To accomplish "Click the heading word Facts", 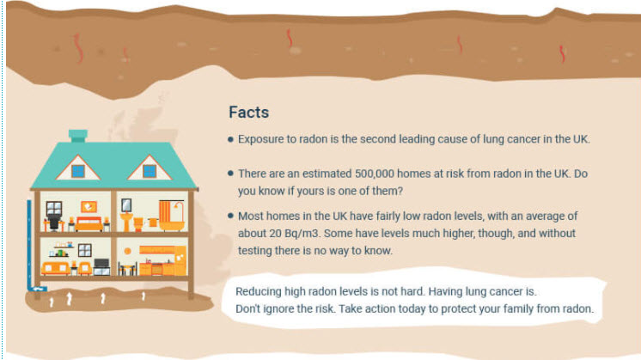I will pyautogui.click(x=248, y=113).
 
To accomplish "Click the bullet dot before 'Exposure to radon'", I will pyautogui.click(x=230, y=139).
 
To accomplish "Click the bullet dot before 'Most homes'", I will pyautogui.click(x=230, y=216).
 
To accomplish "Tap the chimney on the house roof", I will pyautogui.click(x=78, y=136).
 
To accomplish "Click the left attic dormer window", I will pyautogui.click(x=78, y=170).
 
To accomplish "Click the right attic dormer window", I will pyautogui.click(x=150, y=170).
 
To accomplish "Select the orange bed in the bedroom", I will pyautogui.click(x=89, y=223).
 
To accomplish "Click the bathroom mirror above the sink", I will pyautogui.click(x=127, y=205).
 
